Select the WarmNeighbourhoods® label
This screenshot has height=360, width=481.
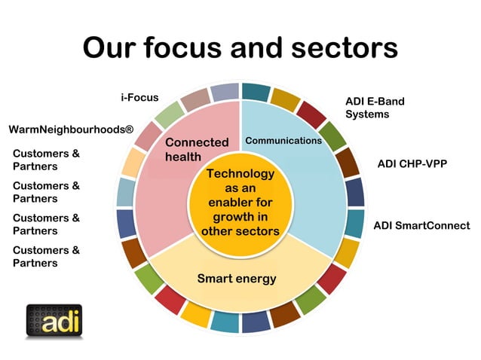tap(71, 130)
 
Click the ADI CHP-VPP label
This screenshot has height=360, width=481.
tap(412, 162)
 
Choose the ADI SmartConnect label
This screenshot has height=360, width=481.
tap(421, 225)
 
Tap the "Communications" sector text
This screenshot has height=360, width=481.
tap(283, 141)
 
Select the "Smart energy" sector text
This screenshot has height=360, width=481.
tap(237, 279)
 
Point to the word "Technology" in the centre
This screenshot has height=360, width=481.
tap(240, 174)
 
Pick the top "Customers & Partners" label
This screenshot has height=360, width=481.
tap(46, 160)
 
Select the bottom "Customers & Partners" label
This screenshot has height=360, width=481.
tap(46, 257)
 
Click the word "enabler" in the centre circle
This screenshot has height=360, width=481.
tap(240, 203)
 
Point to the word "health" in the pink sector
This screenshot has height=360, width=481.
tap(185, 157)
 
